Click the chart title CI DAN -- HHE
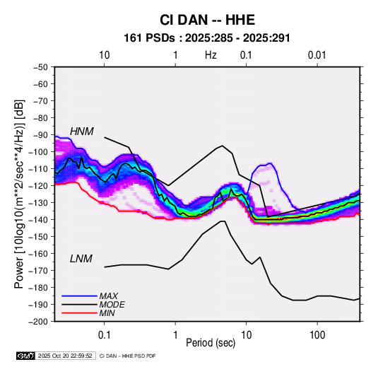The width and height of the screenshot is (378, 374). [x=207, y=20]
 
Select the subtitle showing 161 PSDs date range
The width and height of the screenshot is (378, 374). [x=207, y=38]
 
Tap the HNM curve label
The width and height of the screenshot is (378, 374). [x=82, y=132]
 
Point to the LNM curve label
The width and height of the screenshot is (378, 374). [x=81, y=259]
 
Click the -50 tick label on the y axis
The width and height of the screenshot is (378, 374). [x=40, y=67]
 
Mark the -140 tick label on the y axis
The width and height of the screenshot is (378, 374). [x=39, y=220]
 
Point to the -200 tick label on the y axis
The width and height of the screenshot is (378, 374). [x=39, y=322]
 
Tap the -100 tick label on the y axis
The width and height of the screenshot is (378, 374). [x=39, y=152]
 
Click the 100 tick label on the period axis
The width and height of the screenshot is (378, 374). [x=317, y=335]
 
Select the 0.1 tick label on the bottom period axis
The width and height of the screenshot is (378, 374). [x=104, y=335]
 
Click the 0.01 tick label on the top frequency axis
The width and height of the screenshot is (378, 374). [x=317, y=55]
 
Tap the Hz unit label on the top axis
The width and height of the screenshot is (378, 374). [x=211, y=55]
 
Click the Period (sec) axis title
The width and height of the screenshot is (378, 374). [x=211, y=343]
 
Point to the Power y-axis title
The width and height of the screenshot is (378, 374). [x=19, y=194]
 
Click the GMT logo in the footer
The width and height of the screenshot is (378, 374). [x=25, y=356]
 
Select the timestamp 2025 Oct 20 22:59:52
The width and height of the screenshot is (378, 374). [x=65, y=356]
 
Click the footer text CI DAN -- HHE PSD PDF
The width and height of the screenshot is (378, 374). [x=127, y=356]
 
